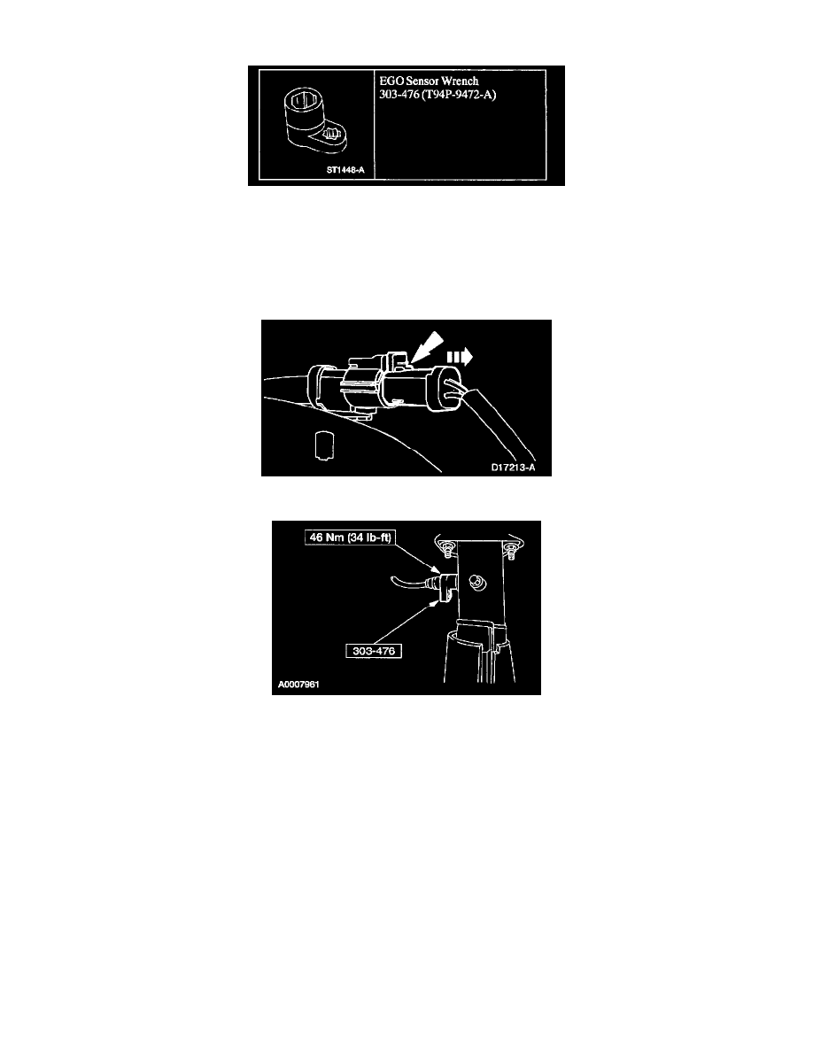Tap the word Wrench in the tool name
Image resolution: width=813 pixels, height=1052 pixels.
[x=461, y=81]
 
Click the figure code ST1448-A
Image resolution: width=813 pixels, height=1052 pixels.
[x=345, y=170]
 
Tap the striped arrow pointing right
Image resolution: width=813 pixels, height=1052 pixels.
[x=460, y=357]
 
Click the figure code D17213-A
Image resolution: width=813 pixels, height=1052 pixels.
[x=513, y=468]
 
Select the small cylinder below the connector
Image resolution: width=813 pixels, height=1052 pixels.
[x=325, y=445]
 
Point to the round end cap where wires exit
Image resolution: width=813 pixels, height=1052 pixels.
[x=446, y=389]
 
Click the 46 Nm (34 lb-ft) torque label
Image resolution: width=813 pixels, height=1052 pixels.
[x=350, y=538]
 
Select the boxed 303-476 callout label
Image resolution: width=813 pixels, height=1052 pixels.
[x=374, y=651]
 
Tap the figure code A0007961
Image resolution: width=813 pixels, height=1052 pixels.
[x=299, y=685]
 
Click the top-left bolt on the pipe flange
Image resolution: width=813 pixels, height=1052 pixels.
[x=446, y=549]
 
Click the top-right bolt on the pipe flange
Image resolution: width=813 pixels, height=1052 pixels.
[x=510, y=550]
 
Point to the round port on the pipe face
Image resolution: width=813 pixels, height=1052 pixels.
[x=477, y=581]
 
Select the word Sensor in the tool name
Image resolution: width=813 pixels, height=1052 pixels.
[x=422, y=81]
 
